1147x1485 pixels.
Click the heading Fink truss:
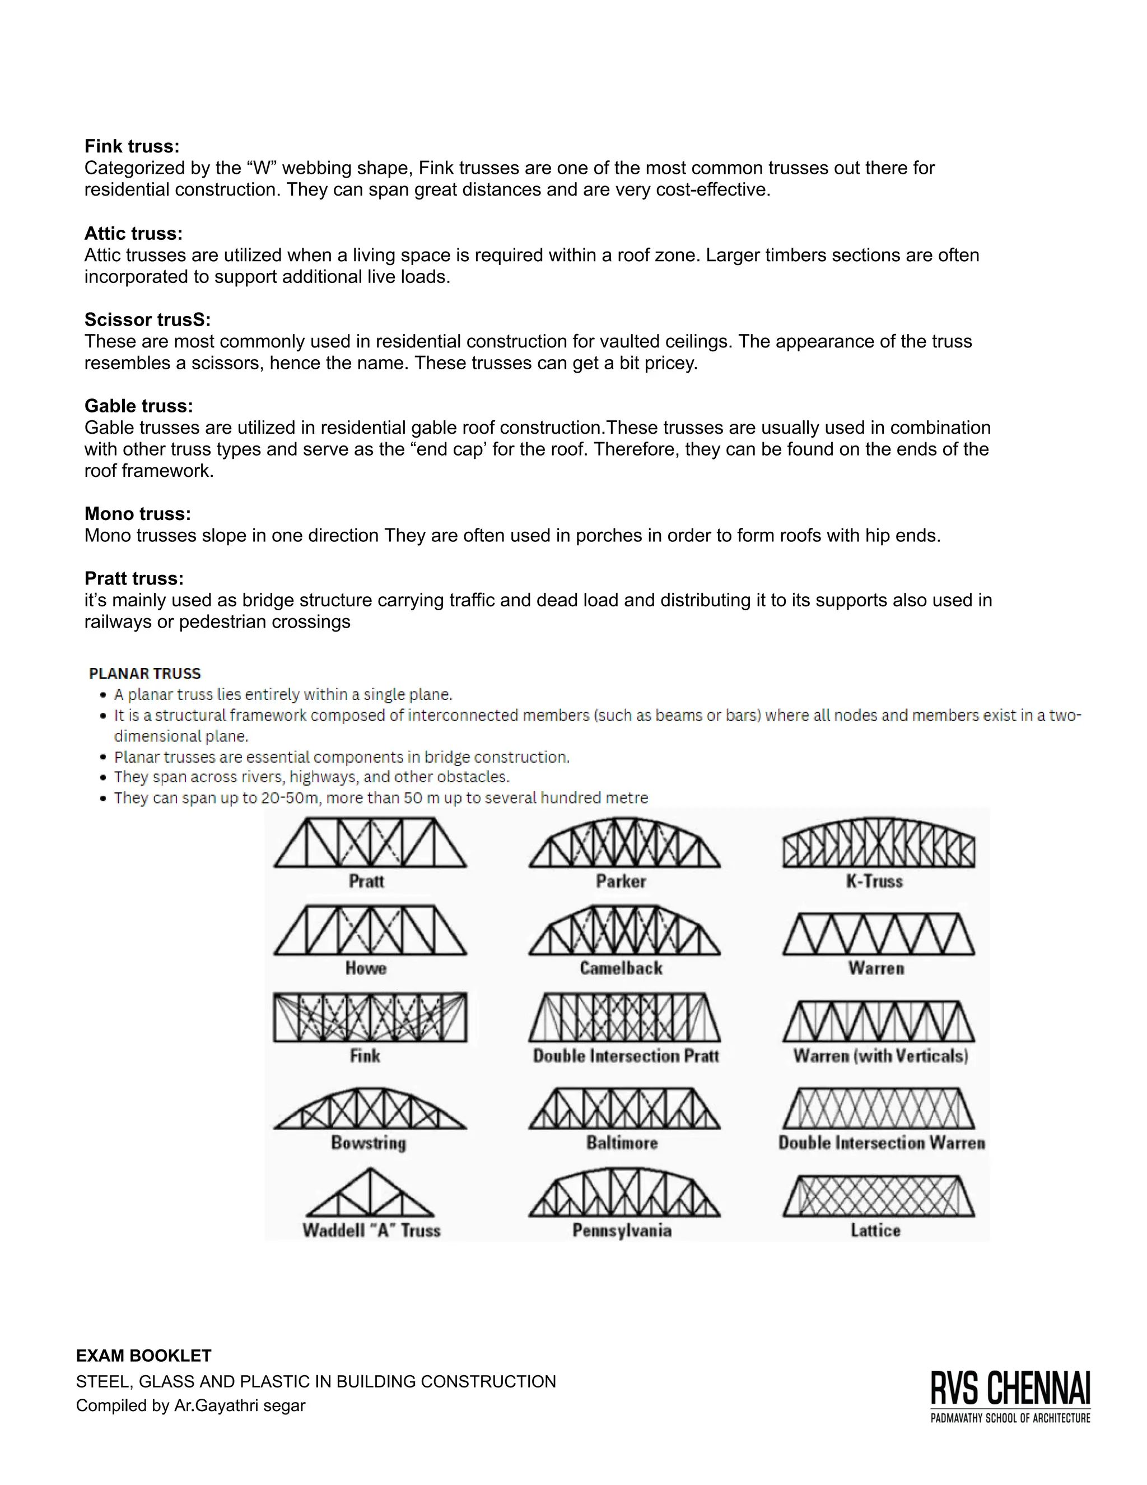click(x=132, y=146)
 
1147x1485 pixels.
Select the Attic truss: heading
click(x=133, y=233)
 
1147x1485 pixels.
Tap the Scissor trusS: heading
click(x=147, y=319)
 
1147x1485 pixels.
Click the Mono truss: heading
click(x=137, y=513)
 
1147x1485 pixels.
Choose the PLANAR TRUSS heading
click(x=144, y=673)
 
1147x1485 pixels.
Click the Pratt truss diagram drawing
click(x=370, y=843)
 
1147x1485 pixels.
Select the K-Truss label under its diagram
click(x=874, y=881)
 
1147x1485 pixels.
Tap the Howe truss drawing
click(x=370, y=930)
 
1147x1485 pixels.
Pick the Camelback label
click(x=621, y=968)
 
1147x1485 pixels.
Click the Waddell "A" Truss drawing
click(x=370, y=1194)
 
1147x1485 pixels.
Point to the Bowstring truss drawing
click(x=370, y=1108)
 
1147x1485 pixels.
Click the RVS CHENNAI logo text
click(x=1010, y=1389)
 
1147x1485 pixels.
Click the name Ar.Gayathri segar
click(x=240, y=1405)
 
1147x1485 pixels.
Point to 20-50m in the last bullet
click(x=290, y=797)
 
